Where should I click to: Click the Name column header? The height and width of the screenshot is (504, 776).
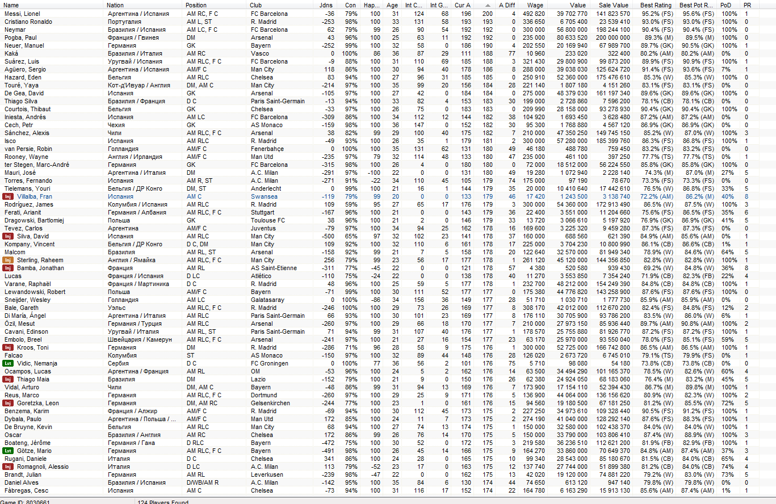point(11,5)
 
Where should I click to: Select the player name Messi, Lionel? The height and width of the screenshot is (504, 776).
point(22,14)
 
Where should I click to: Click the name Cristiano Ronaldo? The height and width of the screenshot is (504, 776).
point(28,22)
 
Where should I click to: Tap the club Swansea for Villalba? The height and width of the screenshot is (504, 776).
point(263,196)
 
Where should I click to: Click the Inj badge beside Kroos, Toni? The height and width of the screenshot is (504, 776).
point(9,347)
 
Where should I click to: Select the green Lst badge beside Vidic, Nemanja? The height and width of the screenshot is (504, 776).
point(9,363)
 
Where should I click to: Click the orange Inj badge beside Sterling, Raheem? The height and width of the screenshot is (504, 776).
point(9,260)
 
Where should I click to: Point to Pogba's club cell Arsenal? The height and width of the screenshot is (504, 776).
point(261,37)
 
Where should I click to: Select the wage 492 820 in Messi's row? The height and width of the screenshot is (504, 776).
point(534,14)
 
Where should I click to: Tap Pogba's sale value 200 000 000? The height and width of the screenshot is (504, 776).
point(611,37)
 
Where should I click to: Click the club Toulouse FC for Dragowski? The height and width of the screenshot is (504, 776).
point(268,220)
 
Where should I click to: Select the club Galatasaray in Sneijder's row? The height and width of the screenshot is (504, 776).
point(267,300)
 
